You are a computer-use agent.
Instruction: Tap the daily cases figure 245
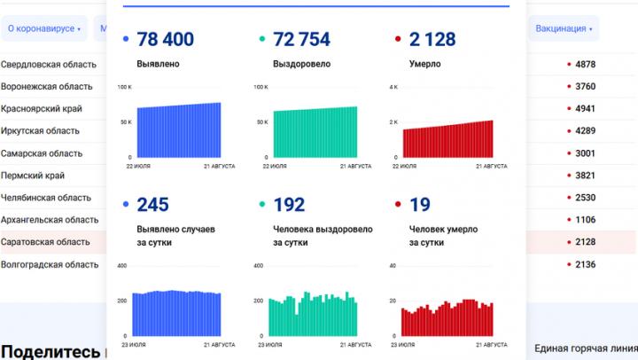click(152, 206)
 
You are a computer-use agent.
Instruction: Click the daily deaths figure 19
click(420, 206)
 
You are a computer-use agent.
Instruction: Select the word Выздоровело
click(301, 64)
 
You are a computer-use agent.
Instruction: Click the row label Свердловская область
click(46, 65)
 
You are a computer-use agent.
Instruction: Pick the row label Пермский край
click(34, 176)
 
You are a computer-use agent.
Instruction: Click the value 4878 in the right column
click(585, 65)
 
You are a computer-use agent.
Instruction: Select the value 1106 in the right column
click(585, 220)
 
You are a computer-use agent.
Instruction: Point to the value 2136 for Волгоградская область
click(585, 264)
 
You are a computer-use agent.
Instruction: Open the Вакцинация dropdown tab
click(564, 28)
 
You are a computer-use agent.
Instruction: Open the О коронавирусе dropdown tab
click(43, 28)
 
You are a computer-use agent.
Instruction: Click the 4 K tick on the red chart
click(394, 87)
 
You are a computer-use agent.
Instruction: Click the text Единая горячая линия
click(585, 348)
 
